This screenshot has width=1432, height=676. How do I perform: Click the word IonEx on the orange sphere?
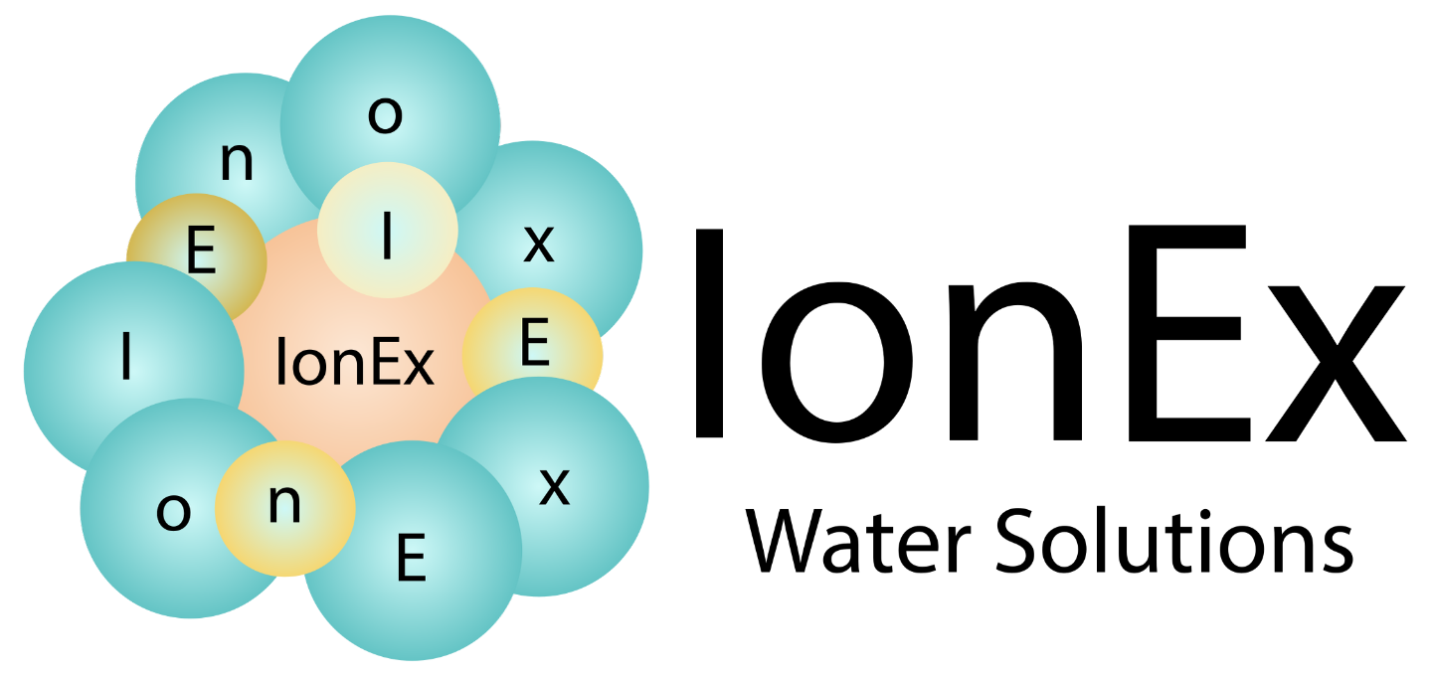pos(354,365)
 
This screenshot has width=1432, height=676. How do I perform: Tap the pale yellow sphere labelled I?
pos(388,230)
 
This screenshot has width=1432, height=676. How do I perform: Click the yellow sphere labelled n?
pos(285,509)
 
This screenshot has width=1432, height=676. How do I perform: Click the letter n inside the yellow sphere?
pos(284,504)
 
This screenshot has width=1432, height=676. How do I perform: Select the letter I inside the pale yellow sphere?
pos(387,237)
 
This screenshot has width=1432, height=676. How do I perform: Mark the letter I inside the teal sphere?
pos(125,358)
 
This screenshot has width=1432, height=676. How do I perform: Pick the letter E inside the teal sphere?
pos(411,559)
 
